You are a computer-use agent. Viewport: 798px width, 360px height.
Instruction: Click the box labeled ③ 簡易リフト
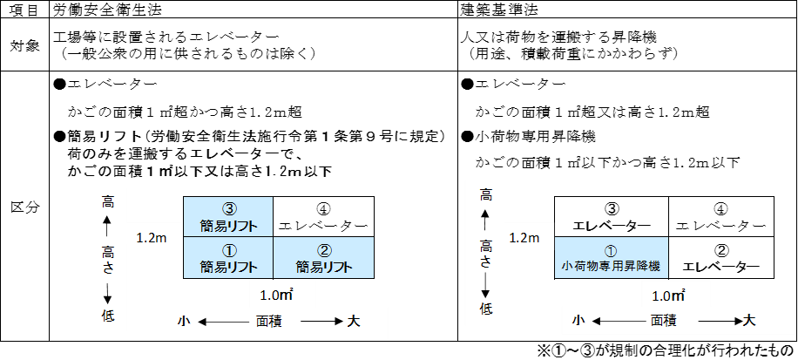coord(228,216)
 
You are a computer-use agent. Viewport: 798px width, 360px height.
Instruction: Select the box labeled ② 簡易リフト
coord(323,257)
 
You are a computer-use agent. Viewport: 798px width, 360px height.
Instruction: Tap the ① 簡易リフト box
coord(228,257)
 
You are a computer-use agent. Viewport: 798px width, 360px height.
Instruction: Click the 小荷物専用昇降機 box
coord(612,258)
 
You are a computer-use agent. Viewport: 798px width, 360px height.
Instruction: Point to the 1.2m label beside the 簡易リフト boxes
coord(153,237)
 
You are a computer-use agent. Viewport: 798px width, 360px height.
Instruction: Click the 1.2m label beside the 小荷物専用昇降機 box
coord(524,237)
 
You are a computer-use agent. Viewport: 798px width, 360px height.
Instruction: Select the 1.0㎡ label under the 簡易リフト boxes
coord(282,295)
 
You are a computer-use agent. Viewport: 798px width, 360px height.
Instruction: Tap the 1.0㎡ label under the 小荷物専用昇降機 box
coord(668,295)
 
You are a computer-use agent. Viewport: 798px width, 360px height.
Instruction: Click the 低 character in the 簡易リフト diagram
coord(107,315)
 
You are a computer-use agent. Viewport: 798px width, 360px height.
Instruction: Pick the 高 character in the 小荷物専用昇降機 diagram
coord(486,194)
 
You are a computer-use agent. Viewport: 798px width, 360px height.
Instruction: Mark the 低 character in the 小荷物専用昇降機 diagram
coord(486,308)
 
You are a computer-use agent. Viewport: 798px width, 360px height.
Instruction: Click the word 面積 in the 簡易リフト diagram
coord(268,321)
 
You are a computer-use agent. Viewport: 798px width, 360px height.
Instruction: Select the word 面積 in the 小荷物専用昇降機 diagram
coord(663,321)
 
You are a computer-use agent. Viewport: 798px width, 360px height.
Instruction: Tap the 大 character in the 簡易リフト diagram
coord(353,321)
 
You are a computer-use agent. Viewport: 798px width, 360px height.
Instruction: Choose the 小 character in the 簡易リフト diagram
coord(184,321)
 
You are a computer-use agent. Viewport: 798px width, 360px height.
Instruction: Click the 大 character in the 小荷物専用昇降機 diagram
coord(748,321)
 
